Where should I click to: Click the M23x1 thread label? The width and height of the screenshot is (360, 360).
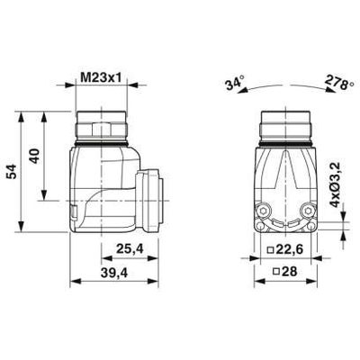102,78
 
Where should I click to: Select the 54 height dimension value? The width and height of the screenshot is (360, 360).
13,172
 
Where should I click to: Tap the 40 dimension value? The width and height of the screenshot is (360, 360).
35,156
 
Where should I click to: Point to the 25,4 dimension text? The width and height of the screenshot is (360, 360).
130,248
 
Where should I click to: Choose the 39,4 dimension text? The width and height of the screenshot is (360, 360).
114,273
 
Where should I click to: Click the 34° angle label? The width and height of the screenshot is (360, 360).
236,82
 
